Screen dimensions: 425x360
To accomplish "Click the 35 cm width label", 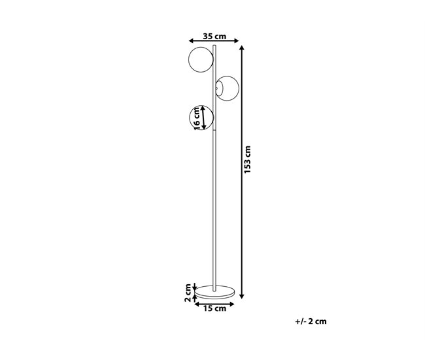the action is (x=214, y=36).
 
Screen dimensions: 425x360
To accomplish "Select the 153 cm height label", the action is (x=247, y=159).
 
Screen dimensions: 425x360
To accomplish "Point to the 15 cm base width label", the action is (x=214, y=308).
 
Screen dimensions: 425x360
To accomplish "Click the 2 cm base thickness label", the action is (x=188, y=293).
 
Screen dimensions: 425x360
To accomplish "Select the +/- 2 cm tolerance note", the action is (x=311, y=321).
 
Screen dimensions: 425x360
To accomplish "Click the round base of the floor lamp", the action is (x=214, y=292).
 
